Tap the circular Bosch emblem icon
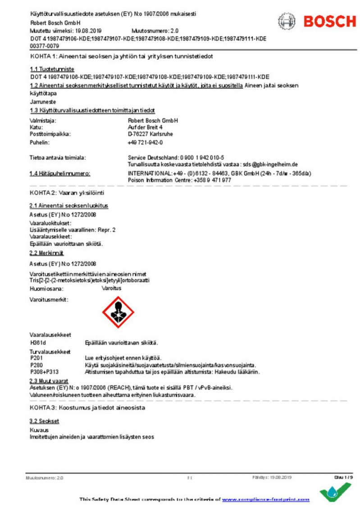(x=287, y=21)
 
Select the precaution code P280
(x=36, y=365)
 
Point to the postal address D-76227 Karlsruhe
(x=150, y=134)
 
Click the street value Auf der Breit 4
(x=146, y=128)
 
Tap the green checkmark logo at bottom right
(x=335, y=492)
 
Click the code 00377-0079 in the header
(x=44, y=46)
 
